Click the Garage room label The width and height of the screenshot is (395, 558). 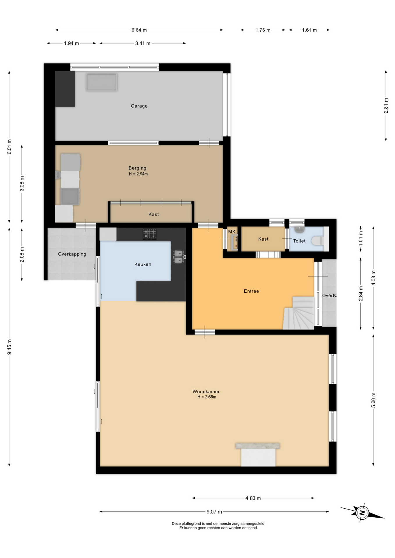point(139,106)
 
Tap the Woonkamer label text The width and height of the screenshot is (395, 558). point(206,391)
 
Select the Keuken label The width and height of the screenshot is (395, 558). point(143,264)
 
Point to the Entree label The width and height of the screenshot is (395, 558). point(251,291)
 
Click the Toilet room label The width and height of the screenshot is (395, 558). point(299,241)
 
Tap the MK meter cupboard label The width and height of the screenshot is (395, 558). point(232,232)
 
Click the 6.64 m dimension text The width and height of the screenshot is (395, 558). point(139,30)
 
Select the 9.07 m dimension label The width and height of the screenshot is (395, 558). point(214,512)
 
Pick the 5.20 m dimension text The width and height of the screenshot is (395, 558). point(373,400)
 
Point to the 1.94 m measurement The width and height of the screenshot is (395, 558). point(72,43)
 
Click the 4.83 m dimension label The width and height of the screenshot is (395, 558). point(253,498)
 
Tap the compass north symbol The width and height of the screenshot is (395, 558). point(362,512)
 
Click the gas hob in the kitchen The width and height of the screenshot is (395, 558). point(150,234)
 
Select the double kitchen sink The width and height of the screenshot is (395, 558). point(178,257)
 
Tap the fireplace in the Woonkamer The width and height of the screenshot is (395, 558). point(258,455)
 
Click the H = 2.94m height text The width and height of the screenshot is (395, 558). point(138,174)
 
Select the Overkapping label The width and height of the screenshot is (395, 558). point(72,254)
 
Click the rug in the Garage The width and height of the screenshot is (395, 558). point(102,82)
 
